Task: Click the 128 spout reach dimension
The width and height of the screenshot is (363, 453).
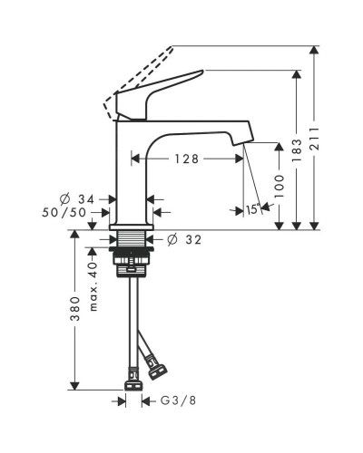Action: (x=187, y=159)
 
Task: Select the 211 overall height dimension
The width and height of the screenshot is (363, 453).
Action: (x=315, y=139)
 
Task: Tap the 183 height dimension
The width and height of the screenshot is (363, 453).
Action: (x=297, y=150)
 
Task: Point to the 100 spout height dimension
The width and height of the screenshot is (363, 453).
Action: (x=280, y=187)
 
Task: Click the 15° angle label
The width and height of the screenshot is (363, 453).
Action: (x=253, y=209)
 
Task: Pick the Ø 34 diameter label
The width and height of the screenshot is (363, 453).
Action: (x=77, y=199)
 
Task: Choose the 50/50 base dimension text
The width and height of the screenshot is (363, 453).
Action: (x=64, y=213)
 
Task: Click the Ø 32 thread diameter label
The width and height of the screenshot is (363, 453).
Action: (x=184, y=240)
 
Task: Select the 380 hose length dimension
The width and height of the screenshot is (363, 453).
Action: (x=74, y=309)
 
